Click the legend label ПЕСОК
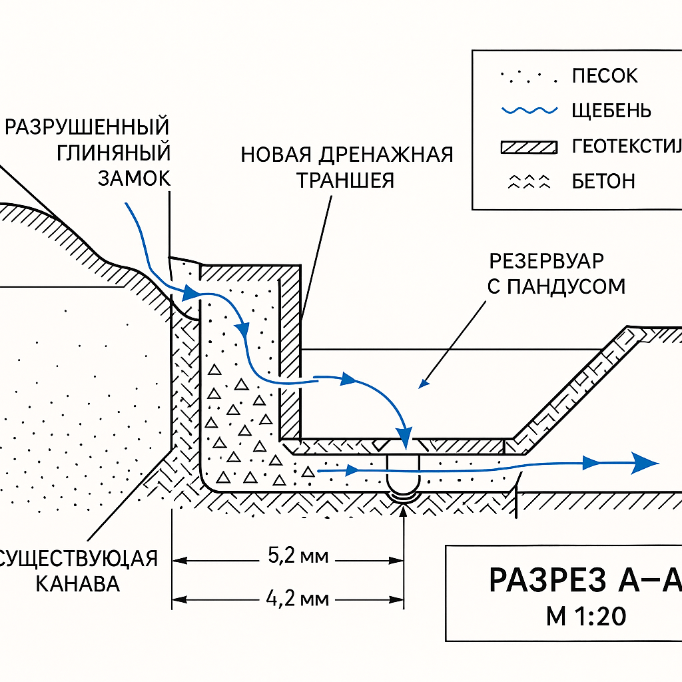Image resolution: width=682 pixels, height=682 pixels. pos(604,76)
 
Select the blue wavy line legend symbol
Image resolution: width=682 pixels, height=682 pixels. pos(529,111)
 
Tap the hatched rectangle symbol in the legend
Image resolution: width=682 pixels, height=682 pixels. pos(529,147)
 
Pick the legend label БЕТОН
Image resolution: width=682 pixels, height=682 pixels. pos(603,180)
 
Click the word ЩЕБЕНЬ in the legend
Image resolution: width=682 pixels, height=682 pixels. pos(611,111)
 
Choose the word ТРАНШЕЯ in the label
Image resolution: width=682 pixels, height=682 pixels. pos(346,180)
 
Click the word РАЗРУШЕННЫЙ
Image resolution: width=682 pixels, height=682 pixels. pos(87,127)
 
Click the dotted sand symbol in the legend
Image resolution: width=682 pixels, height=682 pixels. pos(528,77)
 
